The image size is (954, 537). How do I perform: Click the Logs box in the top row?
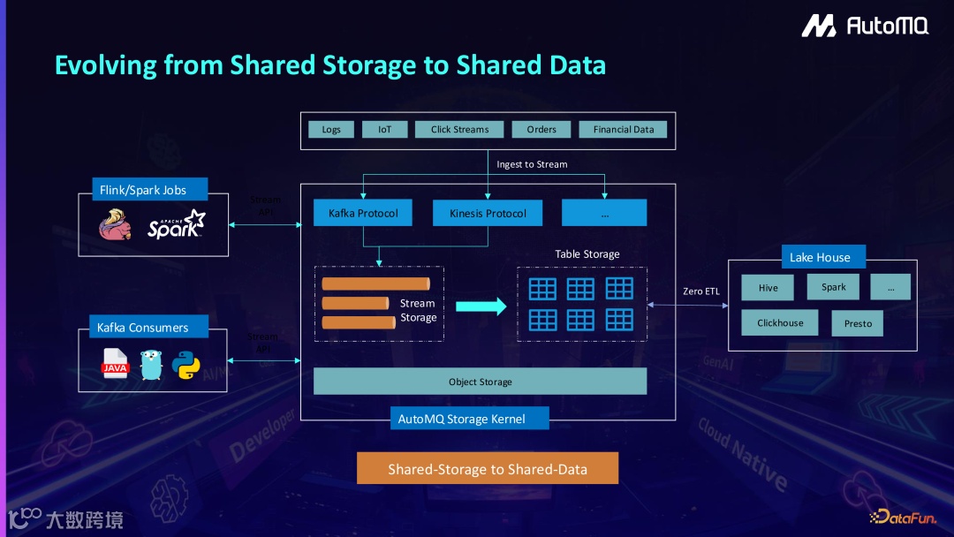[331, 130]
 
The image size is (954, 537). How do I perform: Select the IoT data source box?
[384, 130]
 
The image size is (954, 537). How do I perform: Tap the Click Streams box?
[459, 130]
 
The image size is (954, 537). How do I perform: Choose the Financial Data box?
[624, 130]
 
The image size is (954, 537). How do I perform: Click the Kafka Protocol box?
[363, 213]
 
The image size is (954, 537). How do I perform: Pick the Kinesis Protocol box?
[488, 213]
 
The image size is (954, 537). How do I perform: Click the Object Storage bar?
[481, 382]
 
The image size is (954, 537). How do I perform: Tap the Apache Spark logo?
[176, 224]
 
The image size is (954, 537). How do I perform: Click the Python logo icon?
[186, 364]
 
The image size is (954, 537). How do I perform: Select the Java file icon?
[115, 364]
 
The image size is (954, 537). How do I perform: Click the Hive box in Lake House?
[768, 288]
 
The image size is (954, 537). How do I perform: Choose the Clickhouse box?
[780, 323]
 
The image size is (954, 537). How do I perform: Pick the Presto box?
[858, 323]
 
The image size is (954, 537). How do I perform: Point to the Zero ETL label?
[701, 291]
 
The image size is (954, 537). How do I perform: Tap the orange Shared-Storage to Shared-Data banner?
[488, 469]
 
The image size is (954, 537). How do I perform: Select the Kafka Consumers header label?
[142, 328]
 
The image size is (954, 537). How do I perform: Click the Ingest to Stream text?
[532, 164]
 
